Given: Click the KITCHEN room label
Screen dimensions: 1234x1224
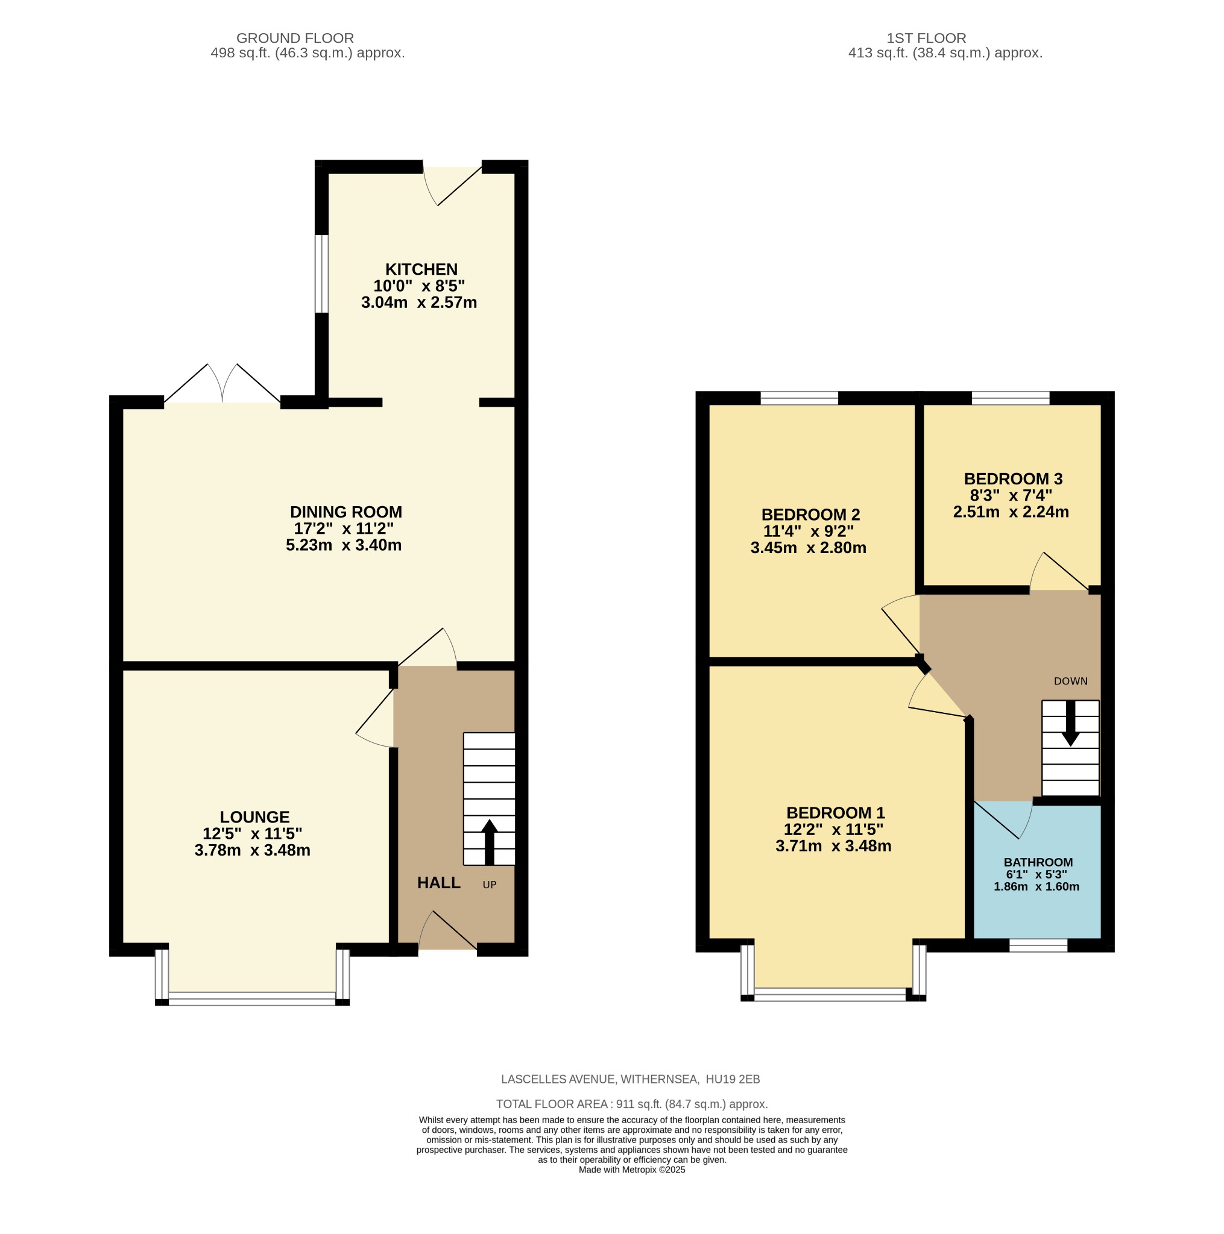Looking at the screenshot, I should pos(421,269).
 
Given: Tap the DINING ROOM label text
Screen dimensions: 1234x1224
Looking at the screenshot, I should pos(345,512).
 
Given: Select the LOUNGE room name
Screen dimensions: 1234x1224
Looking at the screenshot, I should pos(254,817).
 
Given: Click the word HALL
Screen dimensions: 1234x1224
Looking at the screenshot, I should pos(438,883).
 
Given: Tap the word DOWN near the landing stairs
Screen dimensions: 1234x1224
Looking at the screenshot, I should pos(1070,681).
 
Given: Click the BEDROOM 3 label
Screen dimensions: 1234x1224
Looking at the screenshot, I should pos(1012,478).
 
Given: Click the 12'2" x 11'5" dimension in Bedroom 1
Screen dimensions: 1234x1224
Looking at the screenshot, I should pos(833,829).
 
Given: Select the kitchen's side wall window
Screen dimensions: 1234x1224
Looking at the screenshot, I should pos(321,274).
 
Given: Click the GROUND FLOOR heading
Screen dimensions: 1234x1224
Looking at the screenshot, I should pos(295,39).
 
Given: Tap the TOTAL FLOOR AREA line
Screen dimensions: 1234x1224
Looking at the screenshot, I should pos(631,1104).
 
